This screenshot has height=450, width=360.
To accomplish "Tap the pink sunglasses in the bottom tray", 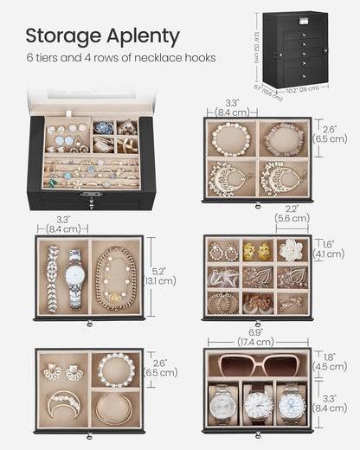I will pos(257,363).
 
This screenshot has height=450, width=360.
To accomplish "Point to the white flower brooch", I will pos(292,250).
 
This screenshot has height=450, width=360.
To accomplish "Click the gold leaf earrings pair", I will pos(257,251).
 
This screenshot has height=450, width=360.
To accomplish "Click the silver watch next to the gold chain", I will pos(75,279).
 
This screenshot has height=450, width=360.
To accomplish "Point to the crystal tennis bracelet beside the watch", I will pos(53,279).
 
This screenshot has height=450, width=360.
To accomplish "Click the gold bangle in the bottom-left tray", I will pos(114,406).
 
